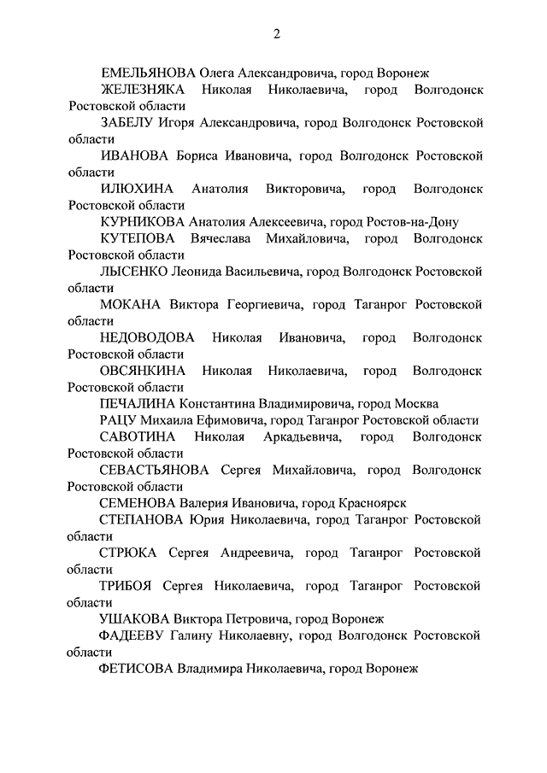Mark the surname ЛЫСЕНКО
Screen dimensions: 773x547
[x=134, y=272]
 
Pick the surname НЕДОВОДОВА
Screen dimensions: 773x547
[x=147, y=337]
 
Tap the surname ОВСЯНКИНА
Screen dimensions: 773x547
[x=142, y=371]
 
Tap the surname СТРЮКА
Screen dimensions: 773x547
[x=127, y=553]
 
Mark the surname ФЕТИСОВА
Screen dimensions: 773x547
[x=137, y=669]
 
